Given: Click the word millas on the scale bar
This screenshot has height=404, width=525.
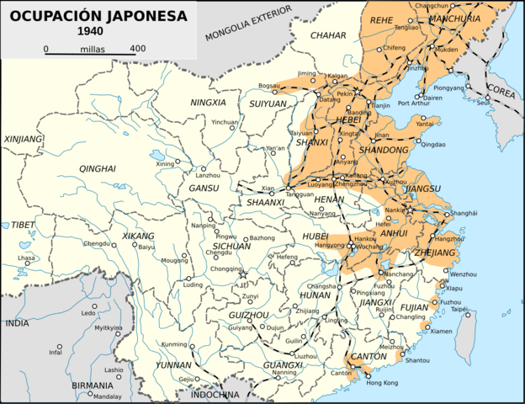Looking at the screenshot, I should click(x=93, y=49).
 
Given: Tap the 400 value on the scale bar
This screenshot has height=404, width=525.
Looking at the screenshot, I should click(x=138, y=49).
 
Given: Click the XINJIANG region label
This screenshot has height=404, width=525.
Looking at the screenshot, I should click(x=23, y=139).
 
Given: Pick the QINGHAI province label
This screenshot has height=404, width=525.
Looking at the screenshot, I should click(x=97, y=169).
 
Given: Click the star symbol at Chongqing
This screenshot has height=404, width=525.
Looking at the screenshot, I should click(x=243, y=274).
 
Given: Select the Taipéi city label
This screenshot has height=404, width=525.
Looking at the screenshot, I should click(x=459, y=309).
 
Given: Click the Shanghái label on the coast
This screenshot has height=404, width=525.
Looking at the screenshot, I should click(x=464, y=214).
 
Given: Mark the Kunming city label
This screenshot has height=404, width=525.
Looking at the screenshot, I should click(x=174, y=345).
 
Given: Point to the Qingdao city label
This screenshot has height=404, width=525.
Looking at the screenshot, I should click(x=433, y=145).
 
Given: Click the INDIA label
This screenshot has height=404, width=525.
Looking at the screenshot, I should click(x=17, y=322).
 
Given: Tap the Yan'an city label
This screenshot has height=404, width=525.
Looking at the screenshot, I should click(x=275, y=149).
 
